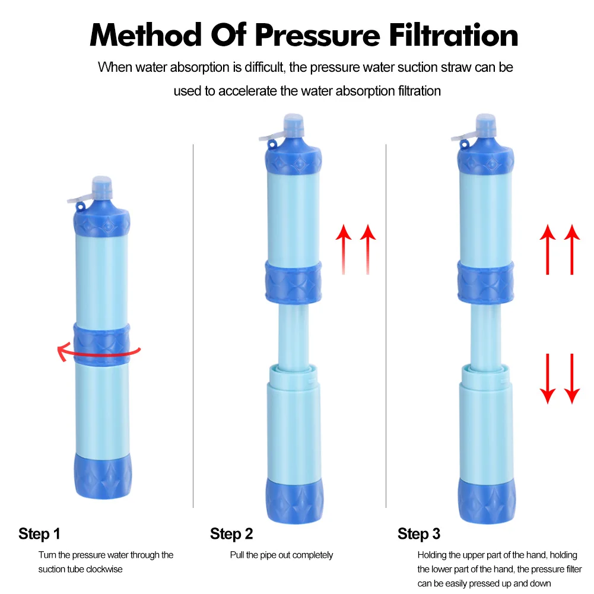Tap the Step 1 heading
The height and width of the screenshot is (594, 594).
[39, 533]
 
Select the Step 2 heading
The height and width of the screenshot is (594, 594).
[231, 533]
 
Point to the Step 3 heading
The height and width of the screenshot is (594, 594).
[419, 533]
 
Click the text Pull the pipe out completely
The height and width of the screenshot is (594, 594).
[281, 555]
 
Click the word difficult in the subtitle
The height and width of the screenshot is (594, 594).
[260, 67]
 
